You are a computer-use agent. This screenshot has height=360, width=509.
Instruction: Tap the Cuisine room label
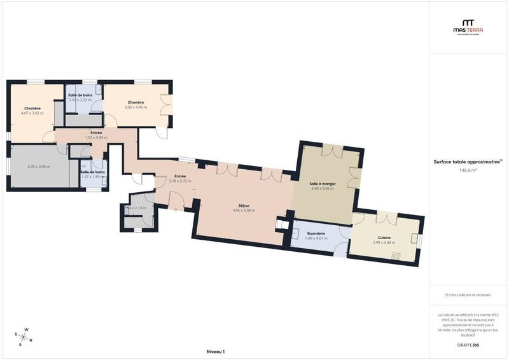pyautogui.click(x=384, y=238)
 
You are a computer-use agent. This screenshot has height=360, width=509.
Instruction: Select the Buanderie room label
pyautogui.click(x=316, y=233)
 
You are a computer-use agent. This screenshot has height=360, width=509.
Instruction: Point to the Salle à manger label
pyautogui.click(x=323, y=183)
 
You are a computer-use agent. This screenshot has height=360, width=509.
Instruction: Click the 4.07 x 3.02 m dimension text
pyautogui.click(x=33, y=113)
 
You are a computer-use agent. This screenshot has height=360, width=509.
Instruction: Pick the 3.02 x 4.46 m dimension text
pyautogui.click(x=136, y=107)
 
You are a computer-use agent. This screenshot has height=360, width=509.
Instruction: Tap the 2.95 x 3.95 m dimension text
pyautogui.click(x=38, y=167)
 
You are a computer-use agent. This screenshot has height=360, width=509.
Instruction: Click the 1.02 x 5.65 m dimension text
pyautogui.click(x=96, y=137)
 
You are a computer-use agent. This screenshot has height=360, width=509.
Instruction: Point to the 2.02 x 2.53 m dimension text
pyautogui.click(x=80, y=100)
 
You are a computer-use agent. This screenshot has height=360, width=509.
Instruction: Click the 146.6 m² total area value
pyautogui.click(x=468, y=170)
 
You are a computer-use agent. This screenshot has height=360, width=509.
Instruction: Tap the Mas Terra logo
pyautogui.click(x=468, y=26)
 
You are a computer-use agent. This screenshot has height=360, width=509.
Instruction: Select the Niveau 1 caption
pyautogui.click(x=216, y=351)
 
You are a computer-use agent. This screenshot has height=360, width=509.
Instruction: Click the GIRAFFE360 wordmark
pyautogui.click(x=468, y=343)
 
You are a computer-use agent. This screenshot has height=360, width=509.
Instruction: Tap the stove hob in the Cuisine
pyautogui.click(x=396, y=256)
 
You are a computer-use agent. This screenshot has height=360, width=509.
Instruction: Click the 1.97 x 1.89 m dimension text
pyautogui.click(x=93, y=176)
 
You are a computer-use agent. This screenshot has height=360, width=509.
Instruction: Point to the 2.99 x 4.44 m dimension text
pyautogui.click(x=384, y=242)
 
